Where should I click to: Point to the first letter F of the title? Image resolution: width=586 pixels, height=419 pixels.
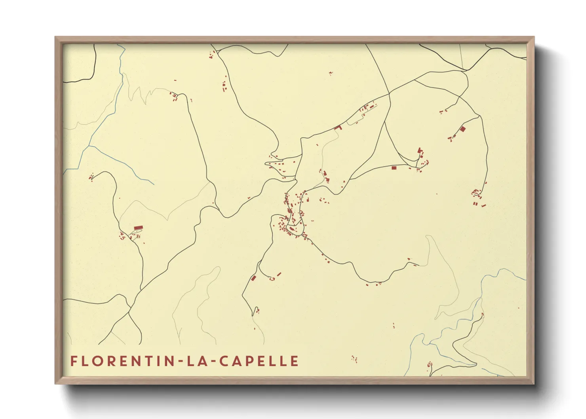[x=74, y=361]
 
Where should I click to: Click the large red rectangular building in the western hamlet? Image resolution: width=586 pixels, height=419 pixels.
[x=138, y=228]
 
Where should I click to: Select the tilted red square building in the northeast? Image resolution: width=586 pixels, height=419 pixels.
[x=462, y=129]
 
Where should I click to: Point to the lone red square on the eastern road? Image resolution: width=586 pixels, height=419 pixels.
[x=394, y=168]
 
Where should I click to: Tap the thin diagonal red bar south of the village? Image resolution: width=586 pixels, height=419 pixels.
[x=279, y=274]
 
